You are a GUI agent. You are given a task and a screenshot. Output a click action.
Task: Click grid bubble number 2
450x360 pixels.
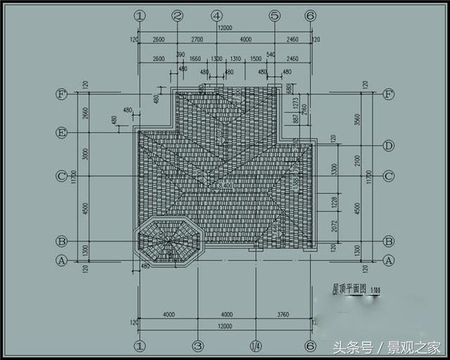[x=177, y=15]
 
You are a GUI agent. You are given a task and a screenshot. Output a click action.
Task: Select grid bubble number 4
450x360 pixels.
[x=216, y=15]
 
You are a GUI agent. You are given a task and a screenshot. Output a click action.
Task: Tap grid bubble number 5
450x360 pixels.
[x=274, y=15]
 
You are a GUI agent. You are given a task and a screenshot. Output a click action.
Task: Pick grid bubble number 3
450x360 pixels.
[x=198, y=345]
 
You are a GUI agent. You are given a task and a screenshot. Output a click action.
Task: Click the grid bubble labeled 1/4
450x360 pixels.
[x=255, y=345]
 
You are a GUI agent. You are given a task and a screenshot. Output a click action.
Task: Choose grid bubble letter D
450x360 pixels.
[x=388, y=146]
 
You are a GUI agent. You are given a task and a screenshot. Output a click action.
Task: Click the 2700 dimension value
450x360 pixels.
[x=197, y=40]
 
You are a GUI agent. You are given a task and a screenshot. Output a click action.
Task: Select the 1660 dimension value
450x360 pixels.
[x=195, y=59]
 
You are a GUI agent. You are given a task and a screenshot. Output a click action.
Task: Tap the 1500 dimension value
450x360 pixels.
[x=256, y=59]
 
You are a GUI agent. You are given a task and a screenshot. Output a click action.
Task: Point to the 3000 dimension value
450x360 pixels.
[x=84, y=155]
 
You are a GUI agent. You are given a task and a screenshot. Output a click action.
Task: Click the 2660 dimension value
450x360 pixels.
[x=84, y=113]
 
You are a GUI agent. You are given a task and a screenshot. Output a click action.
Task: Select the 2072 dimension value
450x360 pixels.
[x=335, y=226]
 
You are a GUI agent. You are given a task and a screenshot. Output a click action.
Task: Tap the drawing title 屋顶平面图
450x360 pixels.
[x=340, y=289]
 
